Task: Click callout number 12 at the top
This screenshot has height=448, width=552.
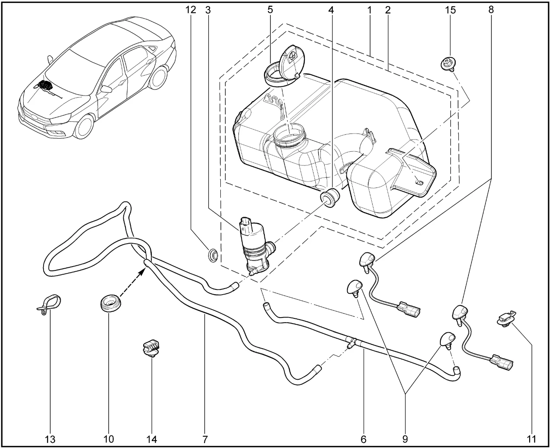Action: pos(191,10)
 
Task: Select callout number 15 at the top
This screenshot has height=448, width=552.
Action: pos(450,10)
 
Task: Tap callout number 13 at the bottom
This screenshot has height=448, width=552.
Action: pos(50,439)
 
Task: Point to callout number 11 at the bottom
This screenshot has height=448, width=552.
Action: pos(531,439)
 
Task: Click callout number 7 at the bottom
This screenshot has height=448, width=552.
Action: pos(205,439)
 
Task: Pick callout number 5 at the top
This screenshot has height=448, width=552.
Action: pos(270,10)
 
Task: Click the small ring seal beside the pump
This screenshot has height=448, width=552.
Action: pos(213,254)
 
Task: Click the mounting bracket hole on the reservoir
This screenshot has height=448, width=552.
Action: pos(418,182)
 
